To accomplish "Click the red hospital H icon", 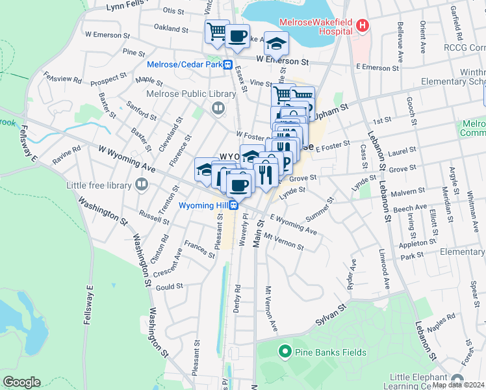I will coord(363,27).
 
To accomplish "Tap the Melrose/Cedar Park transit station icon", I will coord(228,64).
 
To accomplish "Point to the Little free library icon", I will coord(142,184).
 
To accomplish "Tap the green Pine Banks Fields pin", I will coord(284,352).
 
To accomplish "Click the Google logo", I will coord(21,382).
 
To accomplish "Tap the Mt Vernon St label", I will coord(284,242).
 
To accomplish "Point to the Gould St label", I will coord(170,286).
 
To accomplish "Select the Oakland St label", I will coord(171,28).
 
